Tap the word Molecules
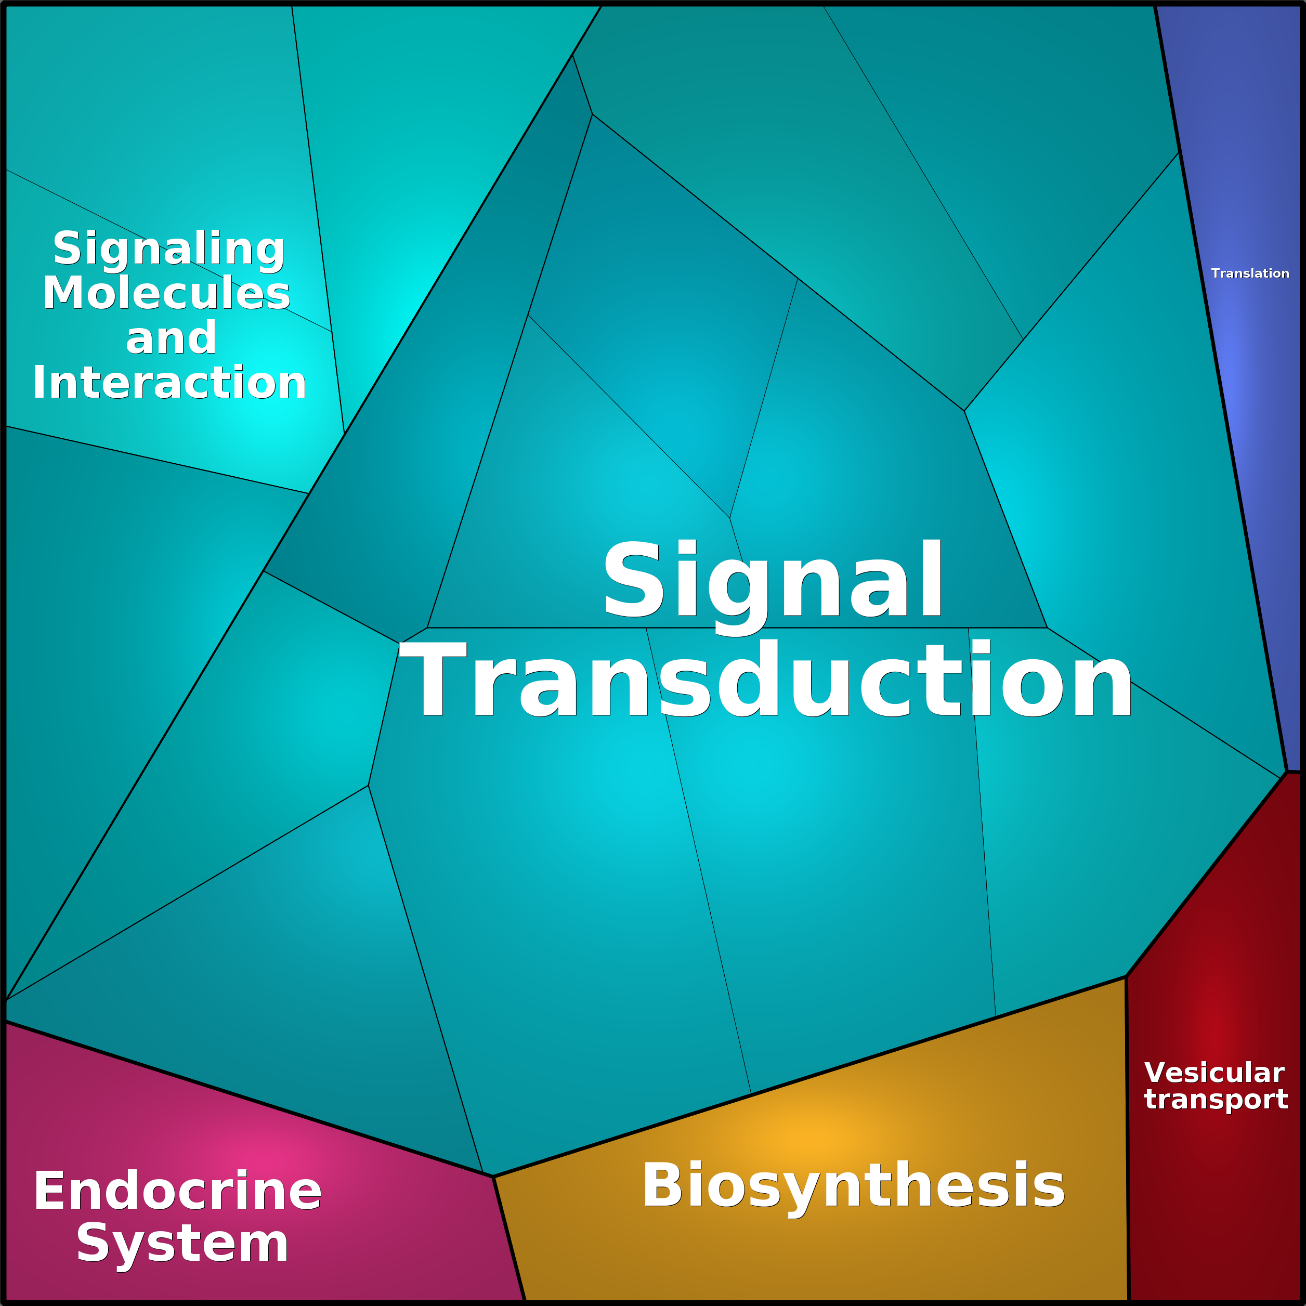point(166,293)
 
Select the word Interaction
point(169,383)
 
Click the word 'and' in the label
point(171,338)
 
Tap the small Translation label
point(1250,273)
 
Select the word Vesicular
point(1214,1073)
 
